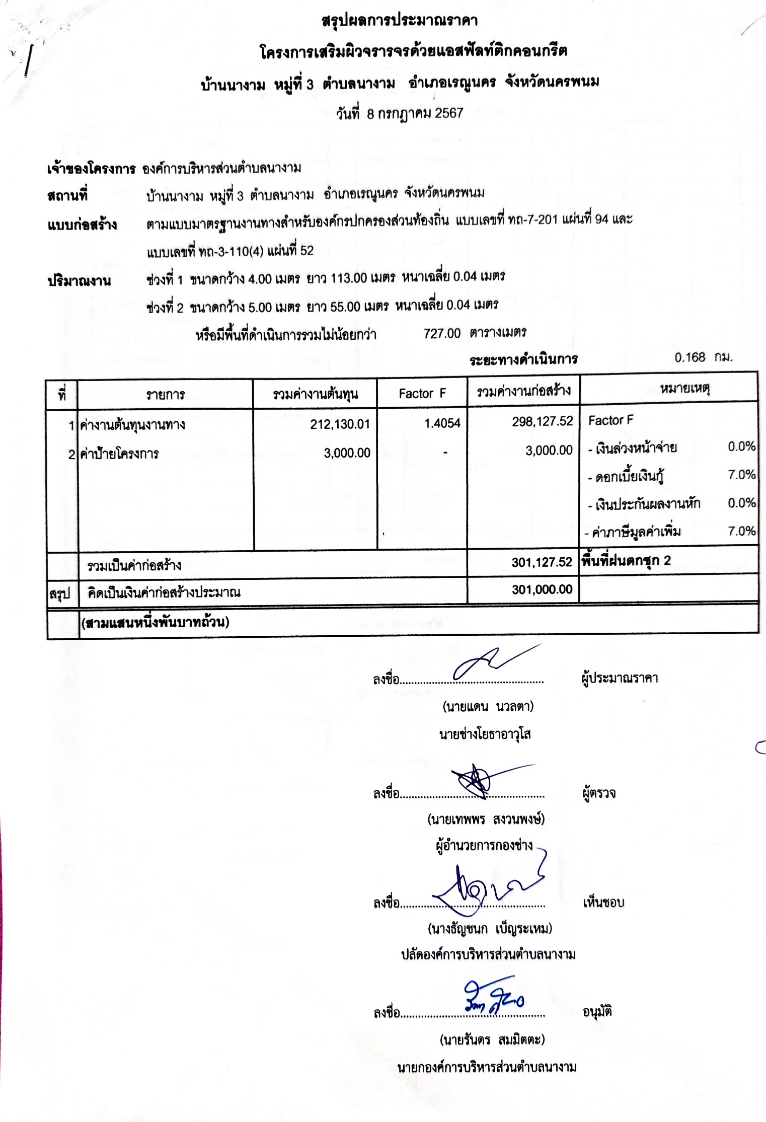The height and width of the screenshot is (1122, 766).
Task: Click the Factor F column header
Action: coord(422,394)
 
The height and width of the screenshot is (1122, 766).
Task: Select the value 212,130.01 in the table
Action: coord(340,424)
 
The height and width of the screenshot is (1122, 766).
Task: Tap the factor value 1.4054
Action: coord(442,423)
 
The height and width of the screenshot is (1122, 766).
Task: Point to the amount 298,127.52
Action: coord(542,422)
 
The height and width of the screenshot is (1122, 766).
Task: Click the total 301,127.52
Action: coord(542,562)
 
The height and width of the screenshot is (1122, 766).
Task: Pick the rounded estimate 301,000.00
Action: coord(542,589)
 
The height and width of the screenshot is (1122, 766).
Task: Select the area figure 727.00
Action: coord(442,333)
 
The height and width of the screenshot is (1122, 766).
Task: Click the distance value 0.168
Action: coord(690,357)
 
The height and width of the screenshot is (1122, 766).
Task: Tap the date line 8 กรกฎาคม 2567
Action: coord(400,114)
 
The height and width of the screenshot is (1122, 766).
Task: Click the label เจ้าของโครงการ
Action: coord(91,169)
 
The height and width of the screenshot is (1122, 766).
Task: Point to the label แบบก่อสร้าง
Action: coord(82,225)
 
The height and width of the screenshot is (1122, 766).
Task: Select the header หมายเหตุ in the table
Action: coord(684,389)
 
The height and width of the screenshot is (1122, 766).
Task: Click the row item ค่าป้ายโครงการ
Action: coord(119,454)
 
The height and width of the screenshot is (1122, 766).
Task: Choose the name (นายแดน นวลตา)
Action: coord(488,707)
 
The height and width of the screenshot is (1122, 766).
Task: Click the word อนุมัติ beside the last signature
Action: coord(597,1012)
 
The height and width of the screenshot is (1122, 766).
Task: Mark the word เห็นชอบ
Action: coord(603,903)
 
